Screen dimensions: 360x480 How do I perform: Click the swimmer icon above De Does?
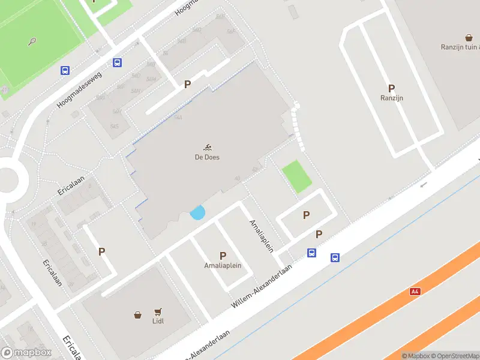click(207, 148)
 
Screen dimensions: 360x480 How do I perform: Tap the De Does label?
click(207, 157)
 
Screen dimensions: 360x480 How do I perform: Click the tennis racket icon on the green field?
click(32, 41)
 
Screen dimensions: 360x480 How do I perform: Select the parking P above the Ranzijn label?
click(391, 88)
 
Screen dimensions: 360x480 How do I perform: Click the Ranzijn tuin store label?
click(460, 47)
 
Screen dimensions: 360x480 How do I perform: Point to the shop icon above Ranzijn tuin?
click(468, 37)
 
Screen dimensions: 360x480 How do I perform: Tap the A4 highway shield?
click(415, 291)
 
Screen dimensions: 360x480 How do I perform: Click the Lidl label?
click(158, 321)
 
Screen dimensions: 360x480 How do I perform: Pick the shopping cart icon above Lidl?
click(158, 312)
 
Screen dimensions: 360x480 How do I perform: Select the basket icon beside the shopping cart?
click(137, 314)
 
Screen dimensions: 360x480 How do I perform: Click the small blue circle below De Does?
click(197, 212)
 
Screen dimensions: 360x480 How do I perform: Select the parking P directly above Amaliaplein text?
click(223, 256)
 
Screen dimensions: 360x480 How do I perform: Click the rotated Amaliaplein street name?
click(261, 235)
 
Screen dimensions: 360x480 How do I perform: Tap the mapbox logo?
click(26, 352)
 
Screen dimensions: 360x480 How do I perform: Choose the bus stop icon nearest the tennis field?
click(65, 70)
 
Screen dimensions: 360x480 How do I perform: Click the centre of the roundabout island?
click(7, 179)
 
